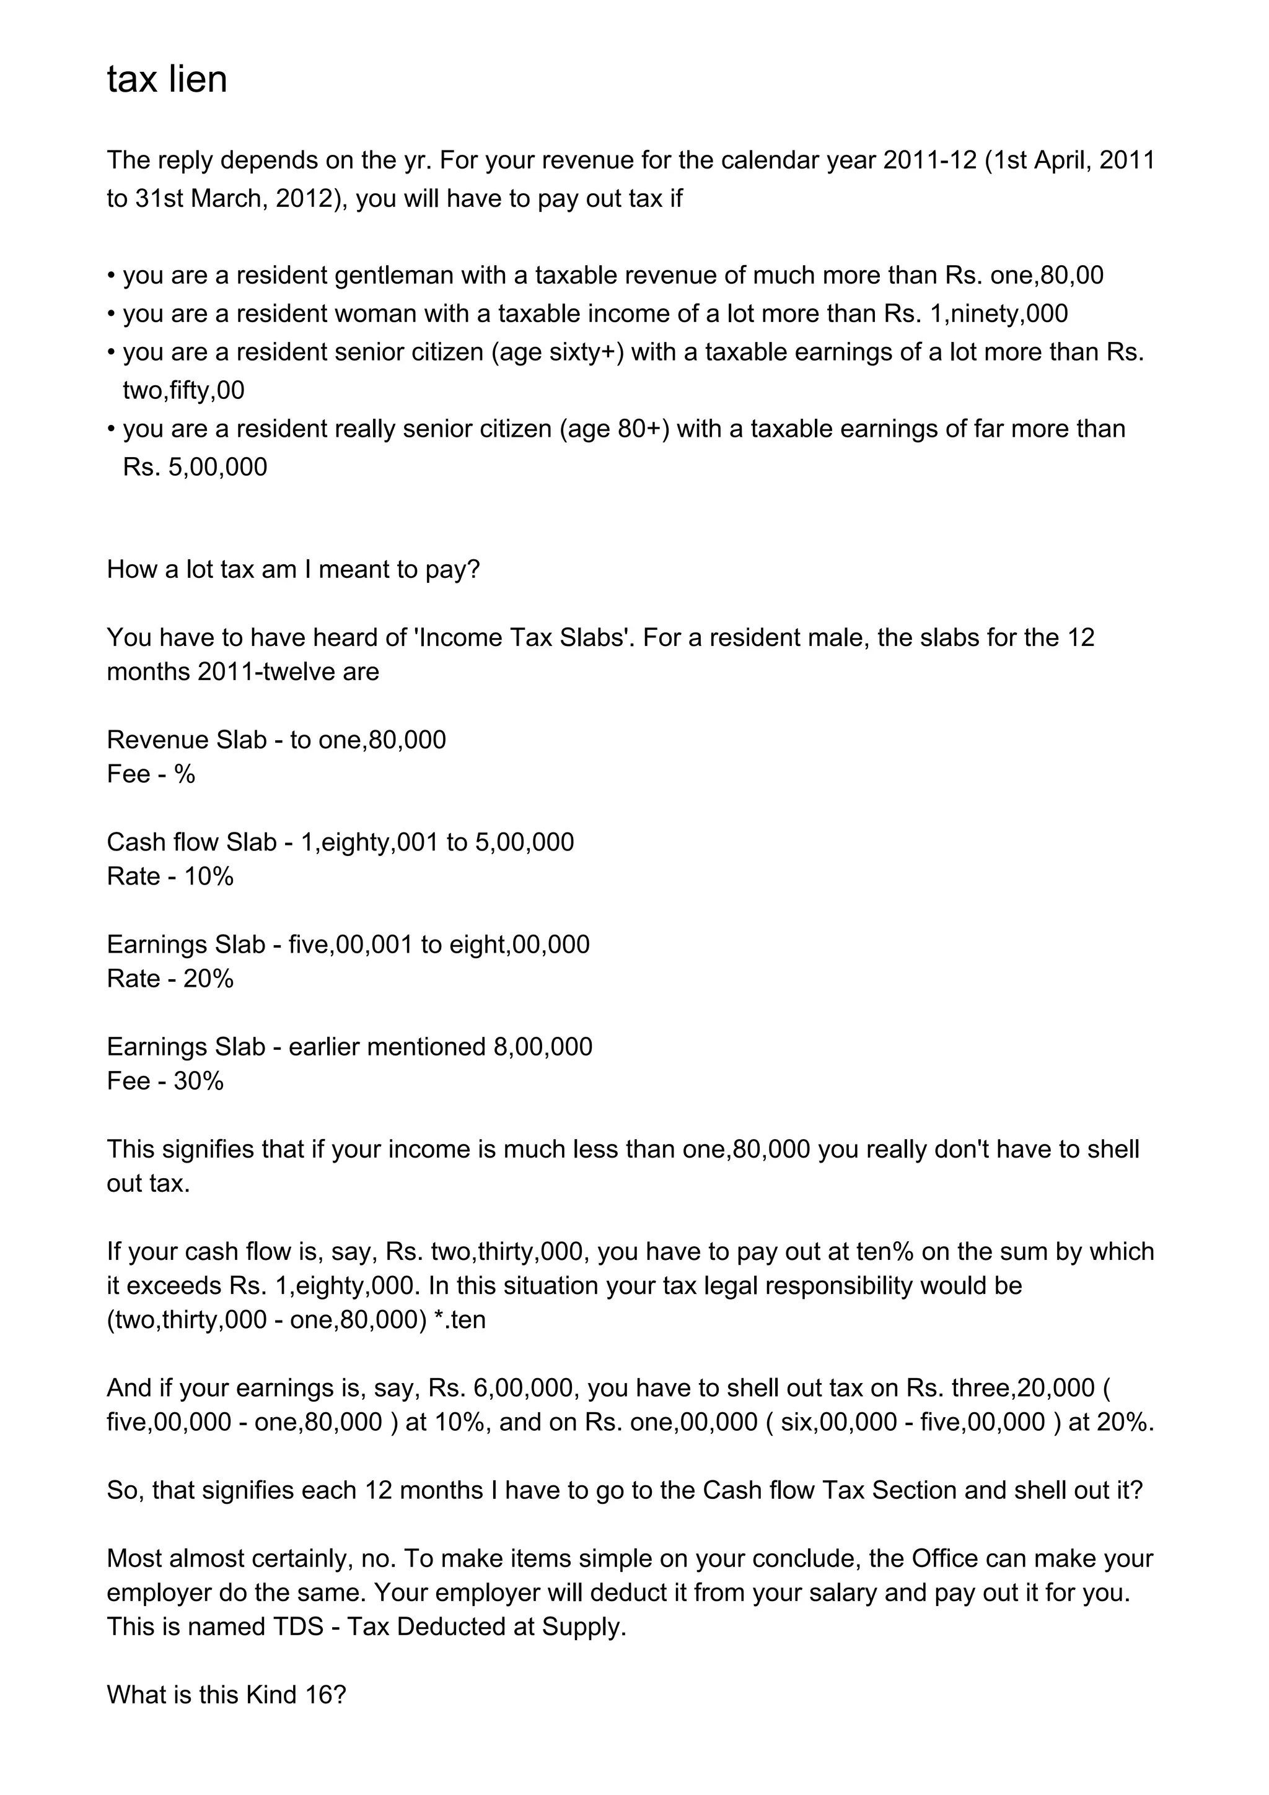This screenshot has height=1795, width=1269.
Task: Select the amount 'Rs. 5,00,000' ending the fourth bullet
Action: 195,468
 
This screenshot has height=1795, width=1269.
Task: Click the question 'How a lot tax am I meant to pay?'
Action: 293,569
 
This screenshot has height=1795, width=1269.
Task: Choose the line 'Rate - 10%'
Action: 170,876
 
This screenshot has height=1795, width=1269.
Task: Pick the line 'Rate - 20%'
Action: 170,979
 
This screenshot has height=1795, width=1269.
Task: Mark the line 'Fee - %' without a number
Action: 151,774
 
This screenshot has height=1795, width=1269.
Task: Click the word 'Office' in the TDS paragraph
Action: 944,1558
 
